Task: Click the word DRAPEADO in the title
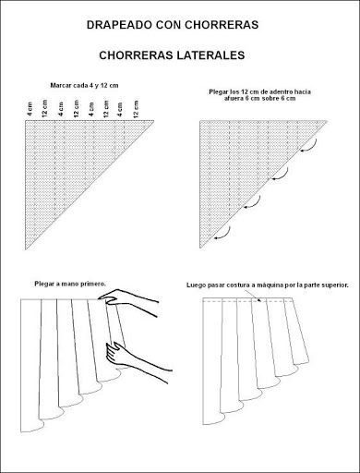(119, 25)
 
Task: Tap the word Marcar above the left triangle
(61, 85)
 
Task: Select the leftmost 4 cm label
(30, 109)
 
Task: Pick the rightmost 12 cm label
(136, 109)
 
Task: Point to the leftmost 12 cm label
(45, 108)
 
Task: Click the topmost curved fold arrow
(309, 146)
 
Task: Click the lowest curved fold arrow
(223, 233)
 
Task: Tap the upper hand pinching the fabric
(128, 302)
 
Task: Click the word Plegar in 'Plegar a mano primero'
(44, 284)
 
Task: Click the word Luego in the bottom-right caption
(196, 285)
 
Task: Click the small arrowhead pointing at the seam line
(259, 300)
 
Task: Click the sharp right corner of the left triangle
(154, 120)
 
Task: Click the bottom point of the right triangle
(200, 248)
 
